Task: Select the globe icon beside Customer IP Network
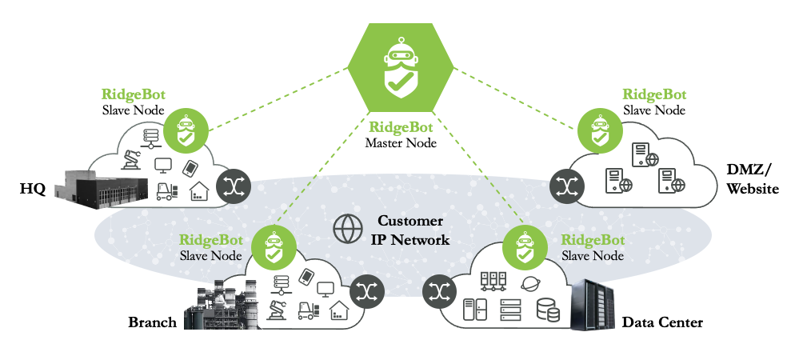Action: click(347, 229)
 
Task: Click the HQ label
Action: click(32, 189)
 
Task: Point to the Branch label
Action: click(152, 322)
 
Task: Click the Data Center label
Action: click(662, 322)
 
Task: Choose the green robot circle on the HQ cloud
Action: click(186, 130)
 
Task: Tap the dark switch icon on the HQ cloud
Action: click(233, 186)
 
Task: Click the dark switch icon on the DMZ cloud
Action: click(567, 186)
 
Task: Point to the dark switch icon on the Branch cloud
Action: click(366, 290)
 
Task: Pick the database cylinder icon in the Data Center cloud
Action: click(548, 310)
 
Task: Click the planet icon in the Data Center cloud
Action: click(529, 284)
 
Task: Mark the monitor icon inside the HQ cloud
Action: click(163, 166)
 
